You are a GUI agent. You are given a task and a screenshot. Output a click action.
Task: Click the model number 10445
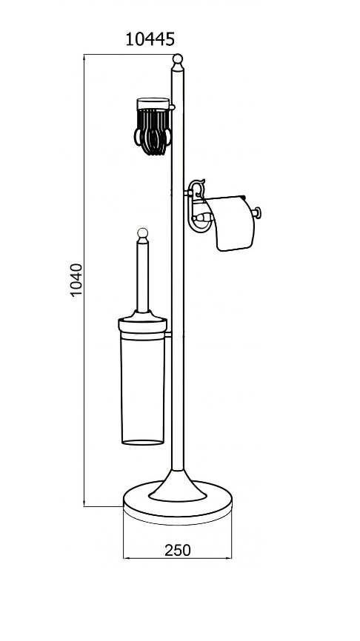coord(150,40)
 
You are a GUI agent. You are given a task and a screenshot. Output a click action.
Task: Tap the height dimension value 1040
coord(76,280)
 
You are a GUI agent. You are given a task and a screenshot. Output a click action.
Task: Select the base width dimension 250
coord(178,550)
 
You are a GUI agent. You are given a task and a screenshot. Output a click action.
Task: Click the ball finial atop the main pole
coord(178,59)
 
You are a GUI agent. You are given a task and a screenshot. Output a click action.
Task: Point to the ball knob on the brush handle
coord(142,233)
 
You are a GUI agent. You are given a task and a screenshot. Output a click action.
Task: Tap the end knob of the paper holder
coord(257,212)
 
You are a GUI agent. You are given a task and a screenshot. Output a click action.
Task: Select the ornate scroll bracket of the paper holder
coord(196,206)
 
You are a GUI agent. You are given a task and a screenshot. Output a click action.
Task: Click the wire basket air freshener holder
coord(153,127)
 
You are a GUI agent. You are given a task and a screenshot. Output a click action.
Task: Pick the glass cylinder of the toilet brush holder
coord(143,388)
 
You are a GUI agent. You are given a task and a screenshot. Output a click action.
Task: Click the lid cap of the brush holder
coord(143,322)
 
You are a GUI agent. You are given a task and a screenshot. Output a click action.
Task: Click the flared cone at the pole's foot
coord(178,486)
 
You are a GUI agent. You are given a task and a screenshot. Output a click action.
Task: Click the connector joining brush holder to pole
coord(167,335)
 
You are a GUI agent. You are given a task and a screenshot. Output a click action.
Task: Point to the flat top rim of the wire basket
coord(153,101)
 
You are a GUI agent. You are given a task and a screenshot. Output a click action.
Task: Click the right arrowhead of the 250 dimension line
coord(229,557)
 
